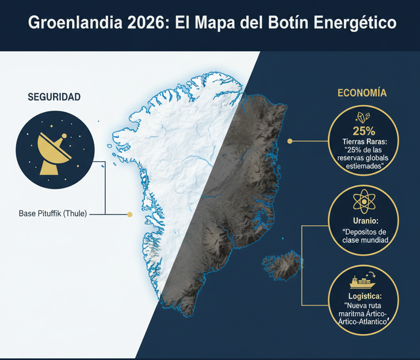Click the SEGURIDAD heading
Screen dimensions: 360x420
coord(54,97)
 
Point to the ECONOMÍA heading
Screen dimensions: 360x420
coord(361,93)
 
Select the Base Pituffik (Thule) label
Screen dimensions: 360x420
coord(52,214)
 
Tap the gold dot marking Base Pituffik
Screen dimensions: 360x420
coord(130,214)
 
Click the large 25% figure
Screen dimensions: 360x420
coord(361,130)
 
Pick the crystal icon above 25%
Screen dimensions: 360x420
coord(361,116)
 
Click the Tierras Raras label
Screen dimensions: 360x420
coord(361,142)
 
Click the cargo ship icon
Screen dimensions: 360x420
coord(362,281)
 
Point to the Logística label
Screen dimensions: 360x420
coord(362,297)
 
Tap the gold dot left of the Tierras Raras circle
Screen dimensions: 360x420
coord(291,141)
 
